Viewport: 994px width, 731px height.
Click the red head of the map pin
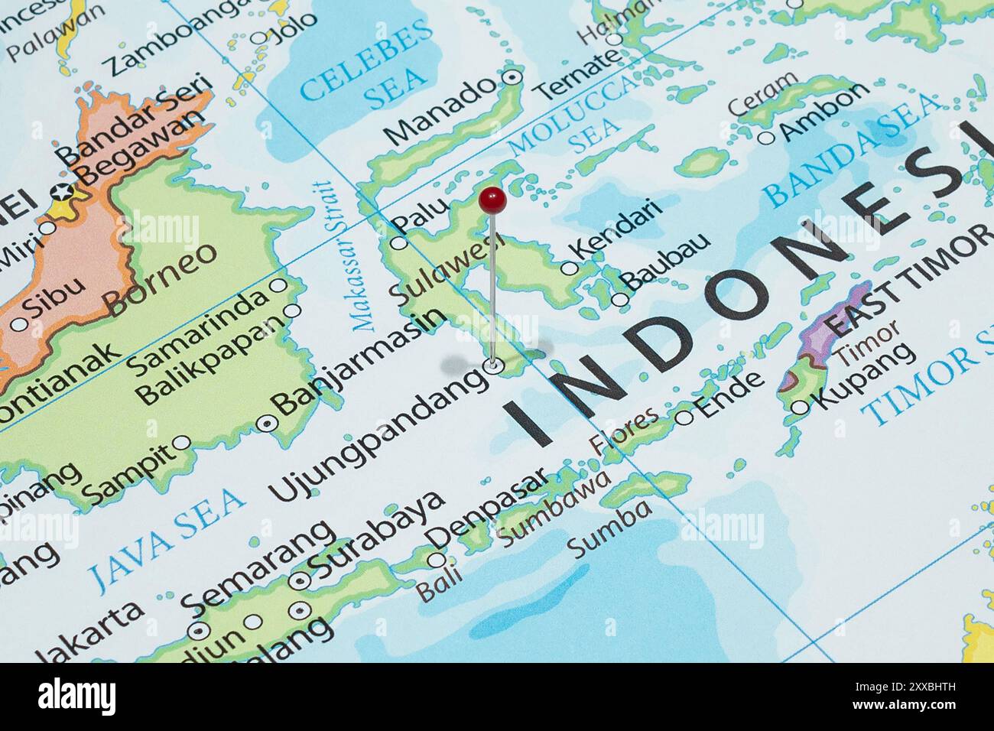(x=492, y=200)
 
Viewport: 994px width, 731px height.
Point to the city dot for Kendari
(x=569, y=268)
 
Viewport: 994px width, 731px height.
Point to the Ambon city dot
(x=766, y=138)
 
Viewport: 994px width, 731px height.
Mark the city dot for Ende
(x=684, y=417)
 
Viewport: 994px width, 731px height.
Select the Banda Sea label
(x=853, y=151)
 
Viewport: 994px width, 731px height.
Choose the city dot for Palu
(x=399, y=243)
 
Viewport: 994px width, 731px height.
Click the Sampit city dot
(x=182, y=443)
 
